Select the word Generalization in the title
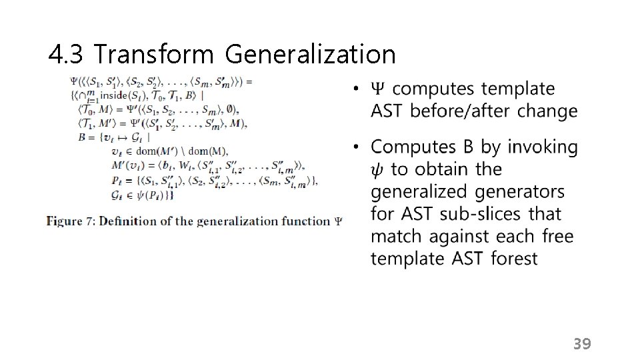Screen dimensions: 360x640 (x=310, y=55)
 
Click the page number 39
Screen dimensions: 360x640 (x=582, y=344)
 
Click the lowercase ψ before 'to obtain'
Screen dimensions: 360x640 (x=377, y=170)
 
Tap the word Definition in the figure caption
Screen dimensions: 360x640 (x=127, y=221)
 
